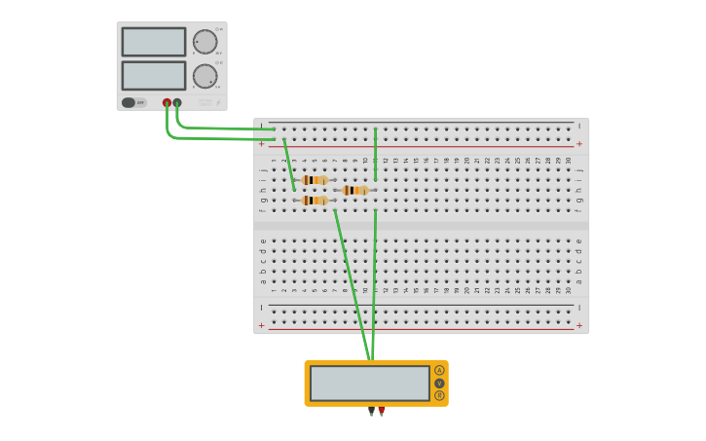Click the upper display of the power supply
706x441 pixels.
point(153,42)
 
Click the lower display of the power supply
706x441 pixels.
point(153,76)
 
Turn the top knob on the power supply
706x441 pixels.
point(204,42)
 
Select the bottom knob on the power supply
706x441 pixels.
point(204,76)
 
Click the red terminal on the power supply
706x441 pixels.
point(167,102)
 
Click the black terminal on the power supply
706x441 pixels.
point(177,102)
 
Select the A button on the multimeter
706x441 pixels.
point(439,370)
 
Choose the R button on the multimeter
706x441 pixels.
point(439,395)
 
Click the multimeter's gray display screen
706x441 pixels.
point(369,383)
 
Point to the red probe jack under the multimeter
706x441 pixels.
point(382,411)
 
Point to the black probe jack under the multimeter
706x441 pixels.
point(371,411)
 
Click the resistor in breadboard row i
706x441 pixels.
point(315,180)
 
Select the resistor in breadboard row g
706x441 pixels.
point(315,201)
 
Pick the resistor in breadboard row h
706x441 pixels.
point(355,190)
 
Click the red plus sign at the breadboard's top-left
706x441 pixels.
point(261,144)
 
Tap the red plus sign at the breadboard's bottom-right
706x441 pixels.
point(579,325)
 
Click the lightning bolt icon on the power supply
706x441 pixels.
point(218,102)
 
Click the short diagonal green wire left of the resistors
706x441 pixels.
point(289,165)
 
